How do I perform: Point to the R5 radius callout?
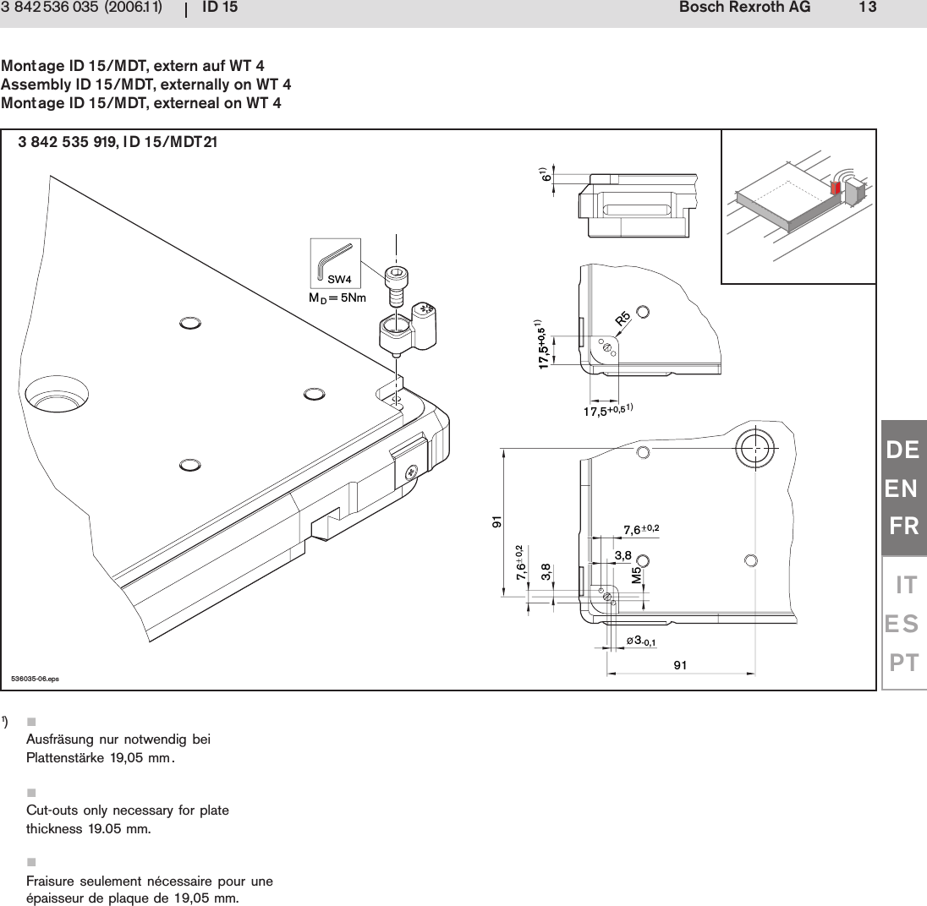(623, 319)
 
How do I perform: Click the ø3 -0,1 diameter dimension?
(641, 641)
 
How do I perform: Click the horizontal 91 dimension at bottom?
(680, 665)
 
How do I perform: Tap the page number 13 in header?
(867, 8)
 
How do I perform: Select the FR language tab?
(903, 527)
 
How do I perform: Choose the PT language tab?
(903, 662)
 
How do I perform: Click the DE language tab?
(903, 450)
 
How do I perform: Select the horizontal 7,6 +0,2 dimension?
(640, 530)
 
